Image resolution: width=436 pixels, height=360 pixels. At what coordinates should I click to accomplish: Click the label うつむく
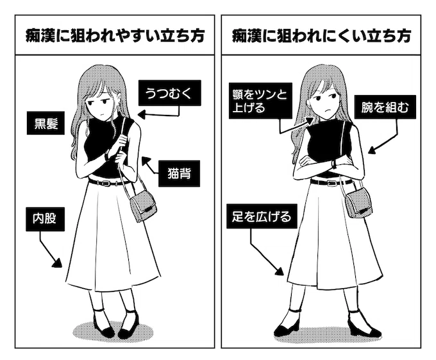click(170, 93)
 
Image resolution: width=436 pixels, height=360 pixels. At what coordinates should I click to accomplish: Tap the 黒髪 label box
click(46, 123)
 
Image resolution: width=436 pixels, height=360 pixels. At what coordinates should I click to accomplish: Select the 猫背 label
click(179, 173)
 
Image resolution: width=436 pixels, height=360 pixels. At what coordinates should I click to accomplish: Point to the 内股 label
click(46, 219)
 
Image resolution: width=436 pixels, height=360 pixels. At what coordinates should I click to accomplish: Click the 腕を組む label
click(385, 107)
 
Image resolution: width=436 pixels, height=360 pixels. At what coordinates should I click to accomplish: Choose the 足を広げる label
click(262, 216)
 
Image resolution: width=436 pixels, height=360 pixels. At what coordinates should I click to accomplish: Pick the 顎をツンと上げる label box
click(260, 101)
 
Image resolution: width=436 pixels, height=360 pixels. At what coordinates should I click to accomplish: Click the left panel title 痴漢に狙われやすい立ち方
click(115, 36)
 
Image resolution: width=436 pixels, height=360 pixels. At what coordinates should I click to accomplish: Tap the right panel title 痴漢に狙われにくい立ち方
click(321, 36)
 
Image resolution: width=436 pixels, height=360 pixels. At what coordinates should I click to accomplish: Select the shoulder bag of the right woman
click(358, 203)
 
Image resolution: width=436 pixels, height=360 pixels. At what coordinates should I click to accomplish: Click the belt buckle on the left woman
click(106, 183)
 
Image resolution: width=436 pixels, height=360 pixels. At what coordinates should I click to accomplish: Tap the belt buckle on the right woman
click(331, 183)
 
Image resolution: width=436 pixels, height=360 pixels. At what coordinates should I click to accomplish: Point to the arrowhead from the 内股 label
click(57, 263)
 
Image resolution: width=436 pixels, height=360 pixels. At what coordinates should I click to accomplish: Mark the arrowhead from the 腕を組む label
click(373, 150)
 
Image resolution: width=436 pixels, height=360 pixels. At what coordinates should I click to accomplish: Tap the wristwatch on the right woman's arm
click(334, 164)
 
